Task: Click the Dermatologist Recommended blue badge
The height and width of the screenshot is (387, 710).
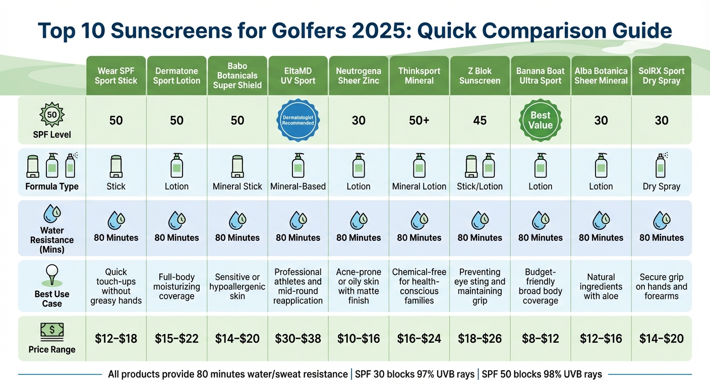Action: click(298, 120)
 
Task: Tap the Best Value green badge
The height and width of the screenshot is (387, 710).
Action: click(540, 120)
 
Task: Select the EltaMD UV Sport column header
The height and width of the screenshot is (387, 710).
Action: click(298, 76)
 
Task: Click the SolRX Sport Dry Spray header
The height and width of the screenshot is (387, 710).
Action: click(661, 76)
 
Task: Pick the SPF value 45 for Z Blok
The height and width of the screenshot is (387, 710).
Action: click(480, 120)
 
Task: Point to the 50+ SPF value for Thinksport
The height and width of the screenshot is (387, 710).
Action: click(419, 120)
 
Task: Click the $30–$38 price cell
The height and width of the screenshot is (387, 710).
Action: click(298, 339)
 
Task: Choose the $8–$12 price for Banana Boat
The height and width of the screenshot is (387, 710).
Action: click(540, 339)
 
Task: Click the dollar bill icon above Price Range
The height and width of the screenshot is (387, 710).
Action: click(52, 332)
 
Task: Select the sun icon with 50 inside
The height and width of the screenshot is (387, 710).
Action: click(52, 115)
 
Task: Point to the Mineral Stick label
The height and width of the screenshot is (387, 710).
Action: click(237, 186)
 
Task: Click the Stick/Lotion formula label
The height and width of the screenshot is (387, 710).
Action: click(480, 186)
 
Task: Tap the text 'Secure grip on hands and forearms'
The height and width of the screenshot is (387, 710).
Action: click(661, 287)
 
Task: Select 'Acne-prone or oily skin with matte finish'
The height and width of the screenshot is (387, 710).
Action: click(359, 286)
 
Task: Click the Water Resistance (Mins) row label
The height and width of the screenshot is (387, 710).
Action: click(52, 240)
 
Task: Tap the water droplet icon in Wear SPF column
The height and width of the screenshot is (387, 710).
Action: click(116, 220)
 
